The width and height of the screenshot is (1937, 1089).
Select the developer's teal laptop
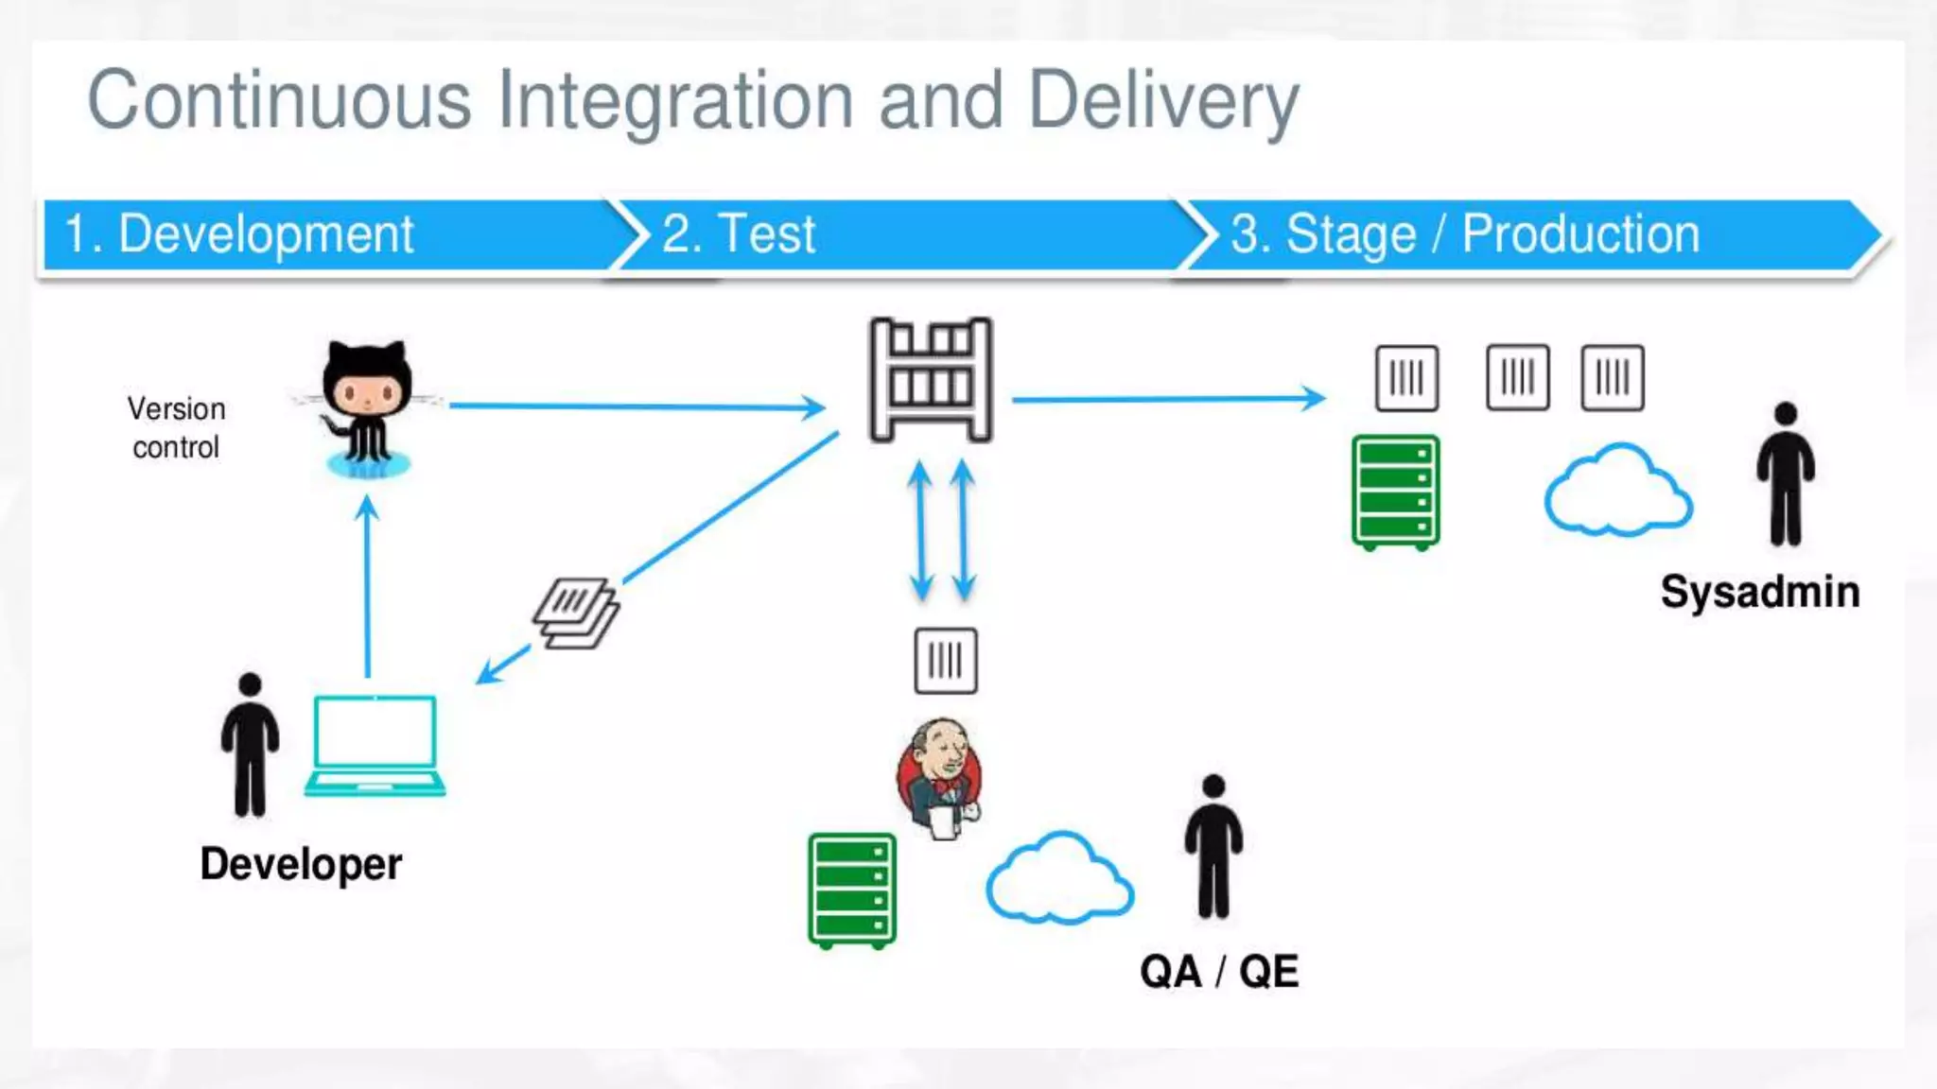(x=375, y=745)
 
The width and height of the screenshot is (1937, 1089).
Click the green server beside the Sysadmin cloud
(x=1395, y=492)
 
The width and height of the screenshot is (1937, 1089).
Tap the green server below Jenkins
(x=851, y=890)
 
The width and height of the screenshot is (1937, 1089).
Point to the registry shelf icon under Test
(x=931, y=380)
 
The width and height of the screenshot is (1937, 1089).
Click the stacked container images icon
(x=575, y=613)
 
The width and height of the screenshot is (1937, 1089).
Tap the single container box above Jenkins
(x=946, y=661)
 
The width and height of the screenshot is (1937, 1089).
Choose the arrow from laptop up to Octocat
(x=368, y=586)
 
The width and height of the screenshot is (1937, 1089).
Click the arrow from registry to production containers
(x=1167, y=399)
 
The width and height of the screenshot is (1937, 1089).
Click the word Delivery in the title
(x=1163, y=102)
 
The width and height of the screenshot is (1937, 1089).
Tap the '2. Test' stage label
(x=739, y=233)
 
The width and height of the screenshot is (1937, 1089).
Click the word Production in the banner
(x=1580, y=233)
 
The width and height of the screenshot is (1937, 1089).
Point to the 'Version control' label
(x=176, y=427)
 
